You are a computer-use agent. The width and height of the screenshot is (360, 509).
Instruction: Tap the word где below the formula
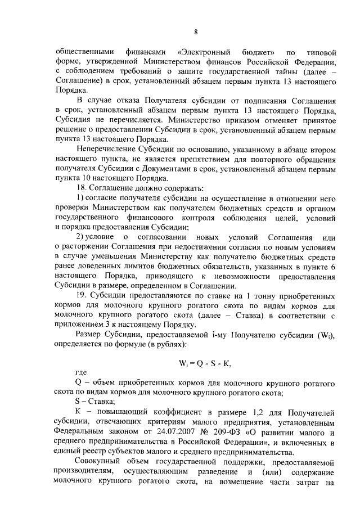click(x=81, y=373)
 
